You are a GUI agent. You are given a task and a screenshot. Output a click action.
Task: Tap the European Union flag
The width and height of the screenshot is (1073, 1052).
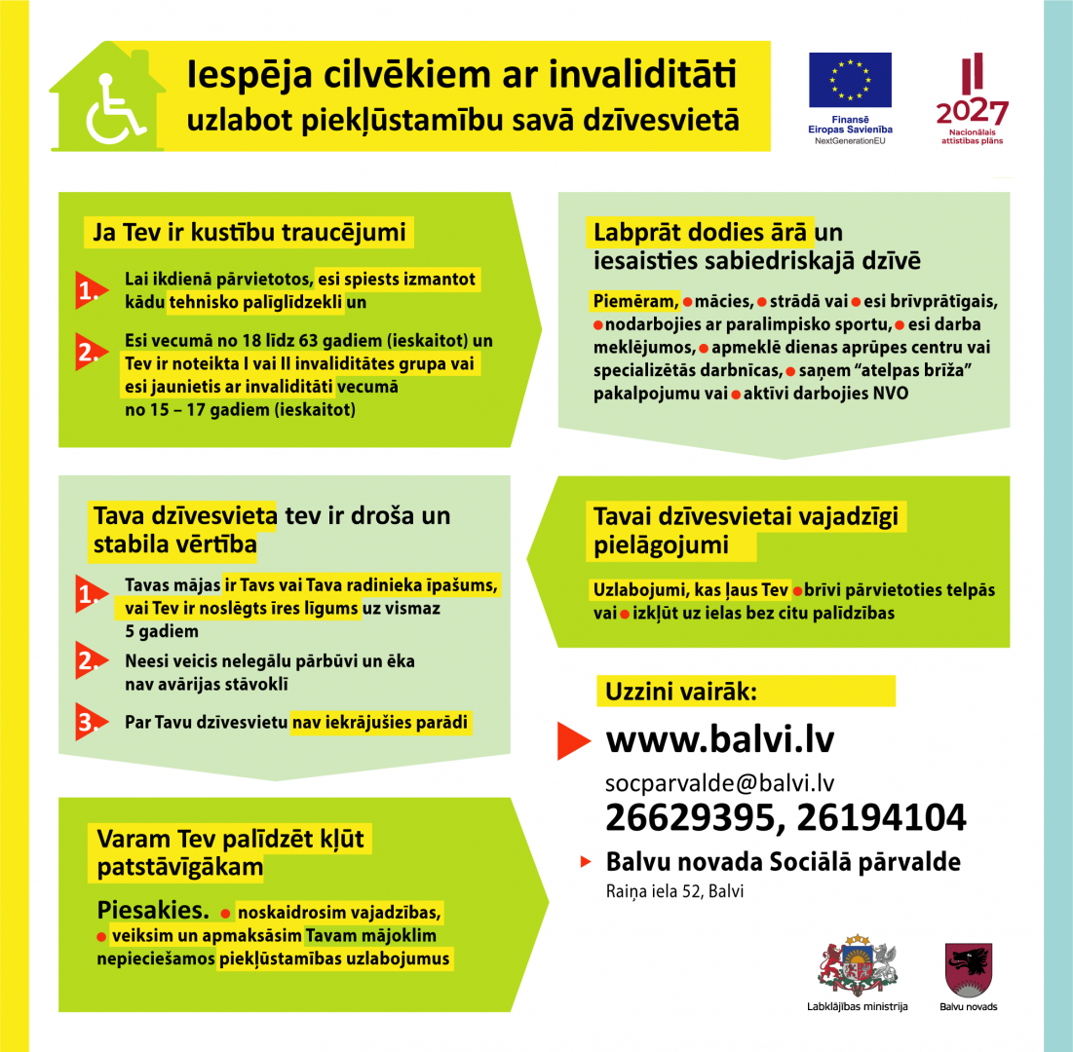click(x=849, y=80)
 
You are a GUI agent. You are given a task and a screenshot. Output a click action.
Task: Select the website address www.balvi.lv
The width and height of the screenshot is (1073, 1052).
click(x=720, y=740)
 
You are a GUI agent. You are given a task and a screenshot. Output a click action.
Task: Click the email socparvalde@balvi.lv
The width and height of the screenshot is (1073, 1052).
click(x=720, y=782)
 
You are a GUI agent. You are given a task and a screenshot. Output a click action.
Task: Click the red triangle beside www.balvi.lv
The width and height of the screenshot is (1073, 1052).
click(x=574, y=741)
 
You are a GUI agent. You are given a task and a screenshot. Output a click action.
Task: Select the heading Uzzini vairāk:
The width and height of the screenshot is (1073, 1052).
click(x=681, y=692)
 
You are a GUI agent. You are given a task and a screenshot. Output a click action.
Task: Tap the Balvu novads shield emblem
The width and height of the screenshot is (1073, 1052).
click(x=969, y=968)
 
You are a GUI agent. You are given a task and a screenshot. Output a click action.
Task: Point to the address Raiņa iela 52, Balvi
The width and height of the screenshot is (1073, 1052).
click(x=674, y=891)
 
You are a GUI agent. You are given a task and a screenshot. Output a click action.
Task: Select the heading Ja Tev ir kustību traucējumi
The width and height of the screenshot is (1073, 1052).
click(x=249, y=234)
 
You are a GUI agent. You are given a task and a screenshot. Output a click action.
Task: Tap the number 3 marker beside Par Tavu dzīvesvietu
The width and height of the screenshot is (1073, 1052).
click(x=89, y=724)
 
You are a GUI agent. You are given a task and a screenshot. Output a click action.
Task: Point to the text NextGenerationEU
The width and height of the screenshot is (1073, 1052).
click(x=849, y=140)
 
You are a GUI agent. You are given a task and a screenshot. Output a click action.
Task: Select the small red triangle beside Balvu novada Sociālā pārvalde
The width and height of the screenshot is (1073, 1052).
click(x=586, y=862)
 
